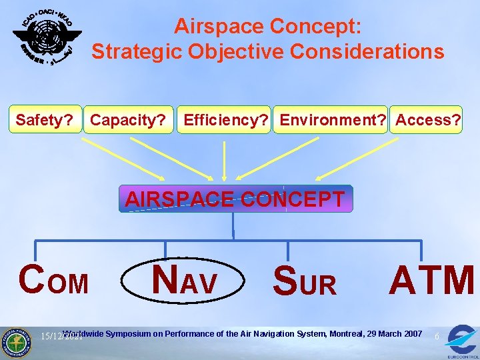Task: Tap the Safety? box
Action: point(44,120)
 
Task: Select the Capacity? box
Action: point(128,120)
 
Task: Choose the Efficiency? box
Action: point(225,120)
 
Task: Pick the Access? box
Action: point(427,120)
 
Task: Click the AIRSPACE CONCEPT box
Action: point(235,199)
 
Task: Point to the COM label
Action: point(54,281)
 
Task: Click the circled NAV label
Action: point(184,281)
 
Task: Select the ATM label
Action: point(432,281)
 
